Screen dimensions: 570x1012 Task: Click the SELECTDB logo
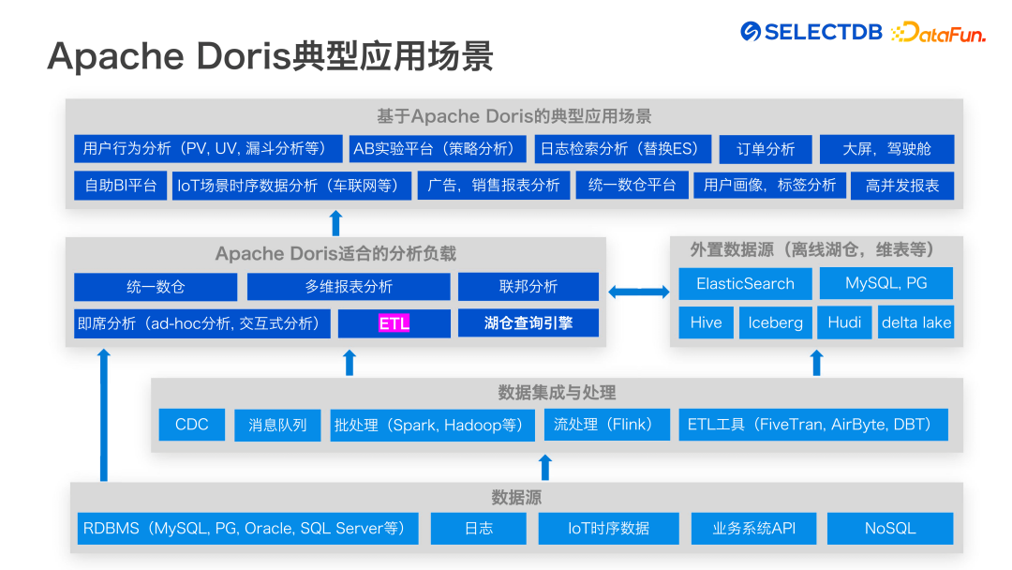coord(811,32)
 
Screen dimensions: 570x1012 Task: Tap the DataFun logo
coord(938,33)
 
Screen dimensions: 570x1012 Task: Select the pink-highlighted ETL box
coord(394,323)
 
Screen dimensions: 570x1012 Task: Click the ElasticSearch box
coord(745,283)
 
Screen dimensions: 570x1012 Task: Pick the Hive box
coord(706,322)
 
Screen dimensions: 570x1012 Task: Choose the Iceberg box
coord(775,322)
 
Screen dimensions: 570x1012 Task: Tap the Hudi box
coord(844,322)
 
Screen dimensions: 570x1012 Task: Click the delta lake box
coord(915,322)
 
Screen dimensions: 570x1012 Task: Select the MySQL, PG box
coord(885,283)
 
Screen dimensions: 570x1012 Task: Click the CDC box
coord(191,425)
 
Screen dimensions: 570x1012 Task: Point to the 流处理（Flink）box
coord(607,425)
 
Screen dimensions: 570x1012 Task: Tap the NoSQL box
coord(889,528)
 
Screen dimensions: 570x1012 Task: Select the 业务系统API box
coord(753,528)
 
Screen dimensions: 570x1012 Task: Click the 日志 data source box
coord(479,528)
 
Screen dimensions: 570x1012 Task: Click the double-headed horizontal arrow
coord(638,292)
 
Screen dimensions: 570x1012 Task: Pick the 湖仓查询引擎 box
coord(528,323)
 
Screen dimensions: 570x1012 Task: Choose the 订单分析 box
coord(766,149)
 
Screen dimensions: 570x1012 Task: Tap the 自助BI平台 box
coord(121,185)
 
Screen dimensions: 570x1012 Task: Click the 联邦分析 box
coord(528,287)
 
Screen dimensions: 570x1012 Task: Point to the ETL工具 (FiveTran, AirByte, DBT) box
coord(812,425)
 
